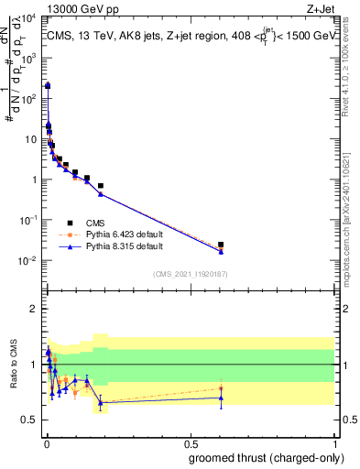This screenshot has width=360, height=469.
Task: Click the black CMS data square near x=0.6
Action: (x=221, y=245)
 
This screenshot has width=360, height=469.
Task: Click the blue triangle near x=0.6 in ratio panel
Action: (x=221, y=398)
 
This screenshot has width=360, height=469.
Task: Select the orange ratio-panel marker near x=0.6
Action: (x=221, y=388)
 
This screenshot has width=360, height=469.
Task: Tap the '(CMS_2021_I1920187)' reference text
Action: (x=191, y=273)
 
